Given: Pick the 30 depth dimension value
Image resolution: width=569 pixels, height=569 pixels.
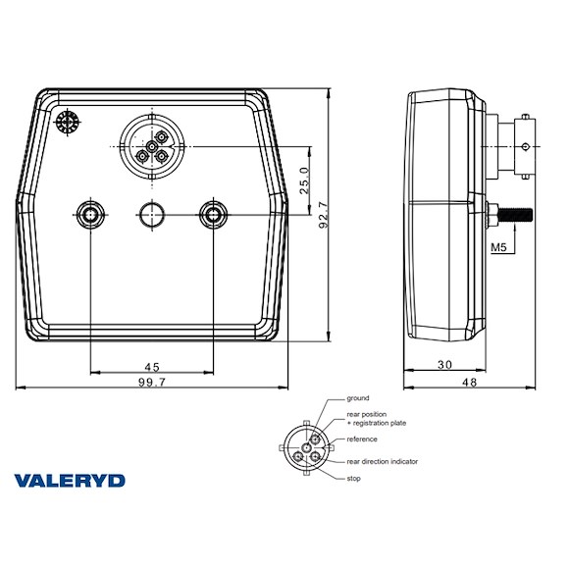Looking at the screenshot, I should coord(444,365).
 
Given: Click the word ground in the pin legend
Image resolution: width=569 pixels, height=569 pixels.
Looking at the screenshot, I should coord(358,398).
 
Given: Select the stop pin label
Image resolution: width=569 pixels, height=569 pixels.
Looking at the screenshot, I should coord(354,478).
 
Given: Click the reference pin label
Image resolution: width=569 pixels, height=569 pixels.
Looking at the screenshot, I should coord(362,439).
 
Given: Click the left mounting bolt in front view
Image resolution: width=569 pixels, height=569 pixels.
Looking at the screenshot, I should coord(90,213).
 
